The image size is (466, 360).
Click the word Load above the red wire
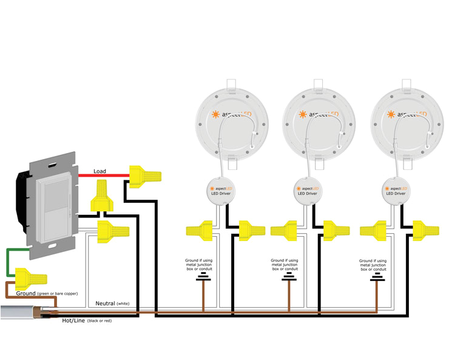(100, 171)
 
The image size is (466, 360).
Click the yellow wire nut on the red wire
(145, 175)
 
